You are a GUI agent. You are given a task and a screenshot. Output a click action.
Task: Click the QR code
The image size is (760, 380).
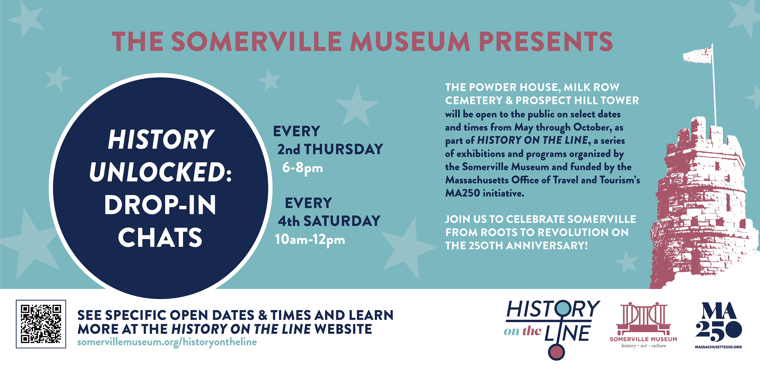tap(41, 324)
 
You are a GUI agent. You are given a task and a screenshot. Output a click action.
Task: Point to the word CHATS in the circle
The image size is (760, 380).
tap(160, 237)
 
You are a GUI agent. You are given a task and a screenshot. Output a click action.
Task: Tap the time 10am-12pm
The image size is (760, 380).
tap(310, 239)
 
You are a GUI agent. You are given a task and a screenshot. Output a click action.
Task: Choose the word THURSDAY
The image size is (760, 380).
tap(343, 149)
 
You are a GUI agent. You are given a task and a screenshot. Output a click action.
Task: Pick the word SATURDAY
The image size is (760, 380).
tap(342, 221)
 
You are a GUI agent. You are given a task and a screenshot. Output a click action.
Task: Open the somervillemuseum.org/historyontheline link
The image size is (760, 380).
tap(167, 342)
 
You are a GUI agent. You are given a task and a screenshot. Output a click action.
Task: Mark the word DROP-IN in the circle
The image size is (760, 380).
tap(160, 205)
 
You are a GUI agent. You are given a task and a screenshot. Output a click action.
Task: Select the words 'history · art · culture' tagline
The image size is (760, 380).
tap(644, 346)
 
